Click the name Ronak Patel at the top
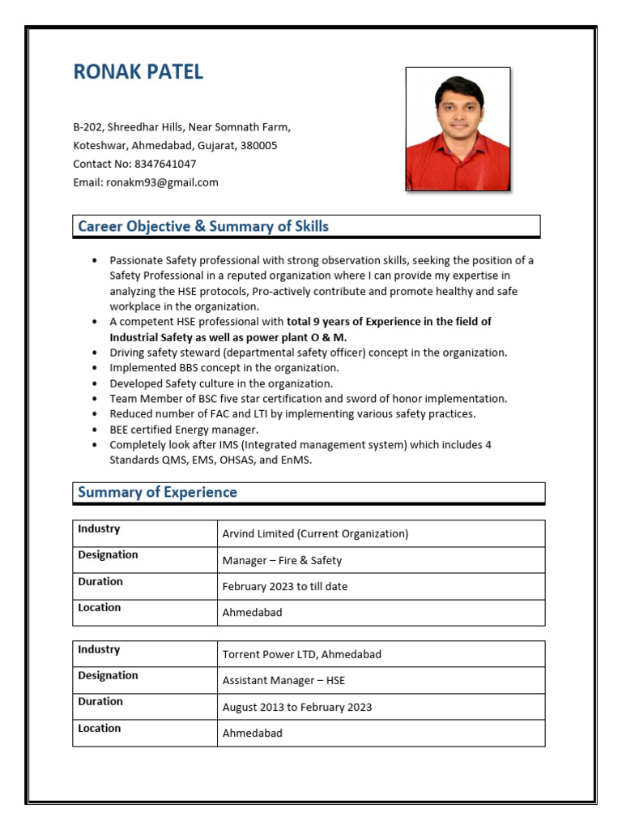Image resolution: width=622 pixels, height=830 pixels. coord(138,72)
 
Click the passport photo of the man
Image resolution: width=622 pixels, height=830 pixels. coord(458,130)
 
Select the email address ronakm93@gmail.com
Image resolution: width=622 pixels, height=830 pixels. coord(162,182)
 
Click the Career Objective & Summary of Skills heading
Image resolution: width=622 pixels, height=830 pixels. coord(203,226)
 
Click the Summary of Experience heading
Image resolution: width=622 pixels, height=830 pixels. coord(157,492)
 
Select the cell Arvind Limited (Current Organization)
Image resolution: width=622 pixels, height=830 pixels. coord(315,533)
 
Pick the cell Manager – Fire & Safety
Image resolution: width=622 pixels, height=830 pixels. coord(282,560)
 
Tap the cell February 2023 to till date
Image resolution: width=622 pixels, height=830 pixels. coord(284,586)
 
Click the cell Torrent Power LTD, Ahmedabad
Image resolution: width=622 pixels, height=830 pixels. coord(301,654)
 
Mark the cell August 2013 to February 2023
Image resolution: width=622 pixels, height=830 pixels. coord(297,707)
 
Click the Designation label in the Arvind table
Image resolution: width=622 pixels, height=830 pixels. coord(108,554)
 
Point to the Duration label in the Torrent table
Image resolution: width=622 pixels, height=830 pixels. coord(100,701)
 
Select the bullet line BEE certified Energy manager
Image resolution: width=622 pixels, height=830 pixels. coord(184,430)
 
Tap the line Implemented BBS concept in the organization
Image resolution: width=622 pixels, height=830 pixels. coord(224,368)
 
